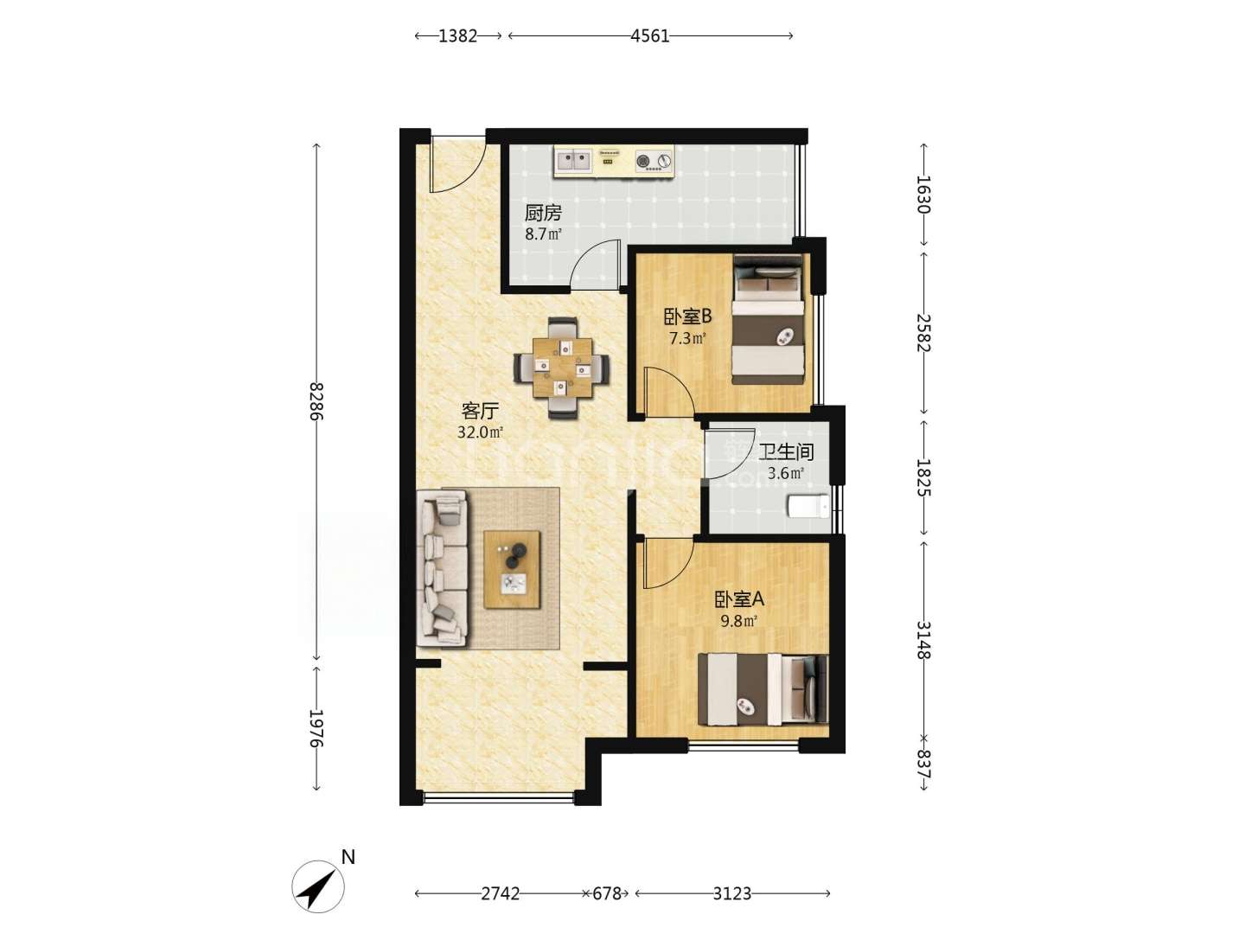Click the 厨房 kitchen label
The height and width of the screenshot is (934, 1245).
coord(543,214)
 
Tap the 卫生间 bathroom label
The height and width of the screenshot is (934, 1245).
coord(786,452)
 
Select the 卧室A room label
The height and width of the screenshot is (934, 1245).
coord(739,598)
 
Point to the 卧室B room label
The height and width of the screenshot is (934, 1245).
coord(688,317)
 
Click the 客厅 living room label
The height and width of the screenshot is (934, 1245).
coord(480,410)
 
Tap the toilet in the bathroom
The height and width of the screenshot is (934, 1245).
coord(808,506)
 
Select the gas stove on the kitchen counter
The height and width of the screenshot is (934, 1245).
coord(654,161)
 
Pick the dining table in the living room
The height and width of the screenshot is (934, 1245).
coord(562,368)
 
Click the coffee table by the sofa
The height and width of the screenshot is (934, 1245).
coord(512,569)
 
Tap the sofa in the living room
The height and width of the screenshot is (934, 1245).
coord(443,569)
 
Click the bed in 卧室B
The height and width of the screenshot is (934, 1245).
coord(769,320)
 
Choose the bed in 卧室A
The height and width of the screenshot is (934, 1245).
coord(763,689)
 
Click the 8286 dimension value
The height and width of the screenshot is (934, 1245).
coord(316,401)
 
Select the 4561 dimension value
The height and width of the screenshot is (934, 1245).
coord(650,36)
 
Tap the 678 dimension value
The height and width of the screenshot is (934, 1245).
coord(607,893)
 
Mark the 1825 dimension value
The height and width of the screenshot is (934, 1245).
coord(923,477)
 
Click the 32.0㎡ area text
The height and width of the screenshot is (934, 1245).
coord(481,432)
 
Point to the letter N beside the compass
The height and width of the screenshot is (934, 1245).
coord(348,857)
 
